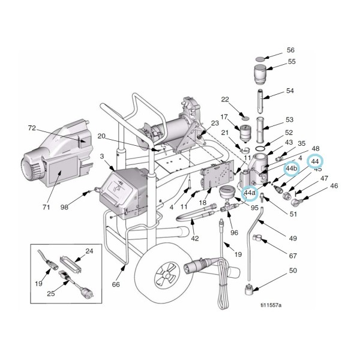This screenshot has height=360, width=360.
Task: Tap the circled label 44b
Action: [292, 169]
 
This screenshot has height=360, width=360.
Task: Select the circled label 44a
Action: [250, 193]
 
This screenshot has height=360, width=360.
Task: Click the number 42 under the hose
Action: [194, 238]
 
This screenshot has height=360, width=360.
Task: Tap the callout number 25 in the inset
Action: [52, 295]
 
